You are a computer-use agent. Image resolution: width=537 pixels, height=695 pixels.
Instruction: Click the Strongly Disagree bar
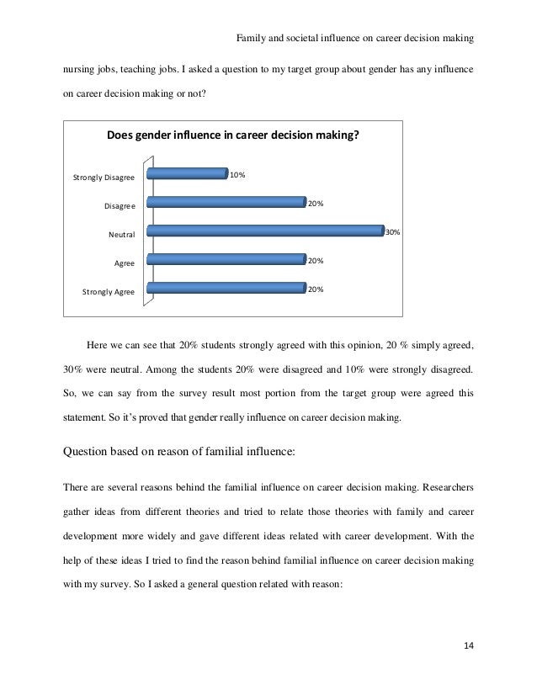click(x=187, y=175)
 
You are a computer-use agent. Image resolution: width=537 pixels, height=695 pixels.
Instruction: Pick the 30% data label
click(x=393, y=233)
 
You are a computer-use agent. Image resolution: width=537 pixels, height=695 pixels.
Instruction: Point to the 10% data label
click(x=237, y=175)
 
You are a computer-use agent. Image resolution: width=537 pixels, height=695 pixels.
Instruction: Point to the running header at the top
click(x=354, y=38)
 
